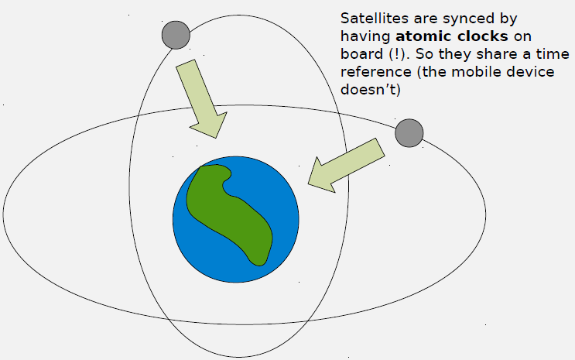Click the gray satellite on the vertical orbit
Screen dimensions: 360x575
(x=176, y=34)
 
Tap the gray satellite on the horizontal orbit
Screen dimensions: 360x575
(x=409, y=132)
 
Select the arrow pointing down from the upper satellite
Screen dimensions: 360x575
(x=200, y=98)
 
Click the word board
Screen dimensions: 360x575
(x=359, y=53)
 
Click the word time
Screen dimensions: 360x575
(x=553, y=53)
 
